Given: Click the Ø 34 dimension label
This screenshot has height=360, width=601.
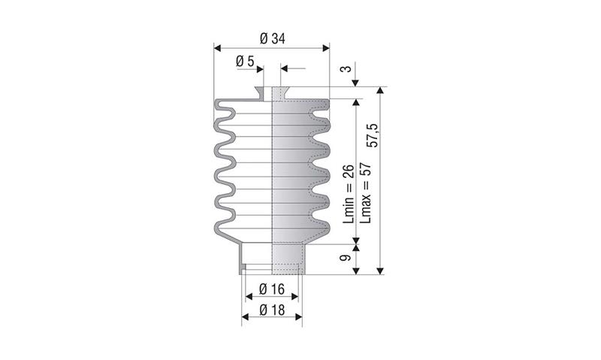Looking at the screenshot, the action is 272,39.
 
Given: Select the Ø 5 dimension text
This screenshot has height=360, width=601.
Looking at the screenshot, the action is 245,61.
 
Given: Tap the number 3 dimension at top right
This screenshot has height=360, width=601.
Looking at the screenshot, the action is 346,69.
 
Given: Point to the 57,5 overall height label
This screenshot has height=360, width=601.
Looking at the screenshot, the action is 372,135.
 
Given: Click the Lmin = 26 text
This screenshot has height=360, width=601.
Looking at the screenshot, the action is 349,194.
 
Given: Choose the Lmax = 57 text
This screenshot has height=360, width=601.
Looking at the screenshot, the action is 366,193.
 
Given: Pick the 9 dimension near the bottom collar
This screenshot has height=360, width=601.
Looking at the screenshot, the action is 346,258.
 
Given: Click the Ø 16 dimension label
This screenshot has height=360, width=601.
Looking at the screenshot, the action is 272,289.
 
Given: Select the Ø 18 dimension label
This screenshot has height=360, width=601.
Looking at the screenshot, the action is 272,310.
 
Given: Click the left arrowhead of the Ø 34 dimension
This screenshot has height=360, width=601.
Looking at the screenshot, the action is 217,48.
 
